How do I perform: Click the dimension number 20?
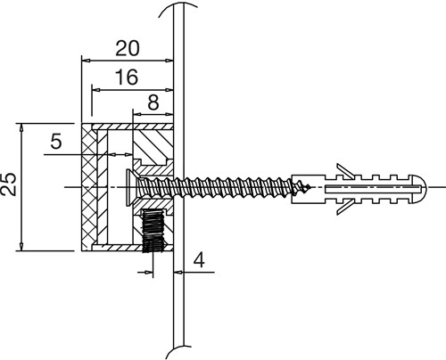(128, 49)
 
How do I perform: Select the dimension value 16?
(127, 78)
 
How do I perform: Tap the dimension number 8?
(153, 102)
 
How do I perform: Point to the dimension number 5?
(56, 141)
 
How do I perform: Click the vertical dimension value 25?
(8, 184)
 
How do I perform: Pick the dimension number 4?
(199, 260)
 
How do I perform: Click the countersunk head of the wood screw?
(131, 187)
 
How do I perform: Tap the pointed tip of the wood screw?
(310, 187)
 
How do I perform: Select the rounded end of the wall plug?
(420, 188)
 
